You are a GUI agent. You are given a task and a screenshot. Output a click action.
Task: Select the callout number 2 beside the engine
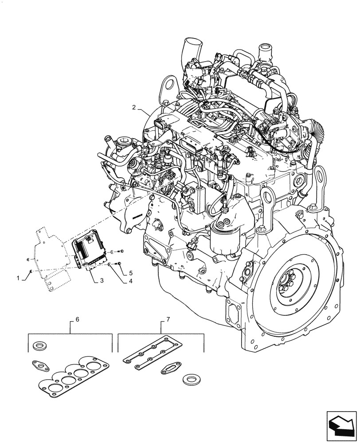[133, 107]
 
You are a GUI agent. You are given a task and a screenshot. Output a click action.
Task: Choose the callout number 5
[131, 273]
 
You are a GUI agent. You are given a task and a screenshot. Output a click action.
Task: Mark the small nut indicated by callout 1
[29, 271]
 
